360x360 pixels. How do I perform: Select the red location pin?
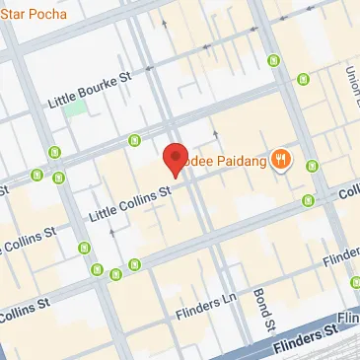pyautogui.click(x=175, y=158)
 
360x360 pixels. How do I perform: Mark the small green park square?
pyautogui.click(x=76, y=111)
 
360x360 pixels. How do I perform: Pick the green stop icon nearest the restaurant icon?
pyautogui.click(x=313, y=166)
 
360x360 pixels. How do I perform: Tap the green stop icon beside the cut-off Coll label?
pyautogui.click(x=308, y=200)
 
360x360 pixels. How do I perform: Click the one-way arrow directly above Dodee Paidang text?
pyautogui.click(x=215, y=131)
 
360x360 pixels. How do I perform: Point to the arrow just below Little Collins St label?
pyautogui.click(x=112, y=232)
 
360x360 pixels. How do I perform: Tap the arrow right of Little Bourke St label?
pyautogui.click(x=150, y=69)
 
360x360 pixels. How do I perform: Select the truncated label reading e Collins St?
pyautogui.click(x=30, y=239)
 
